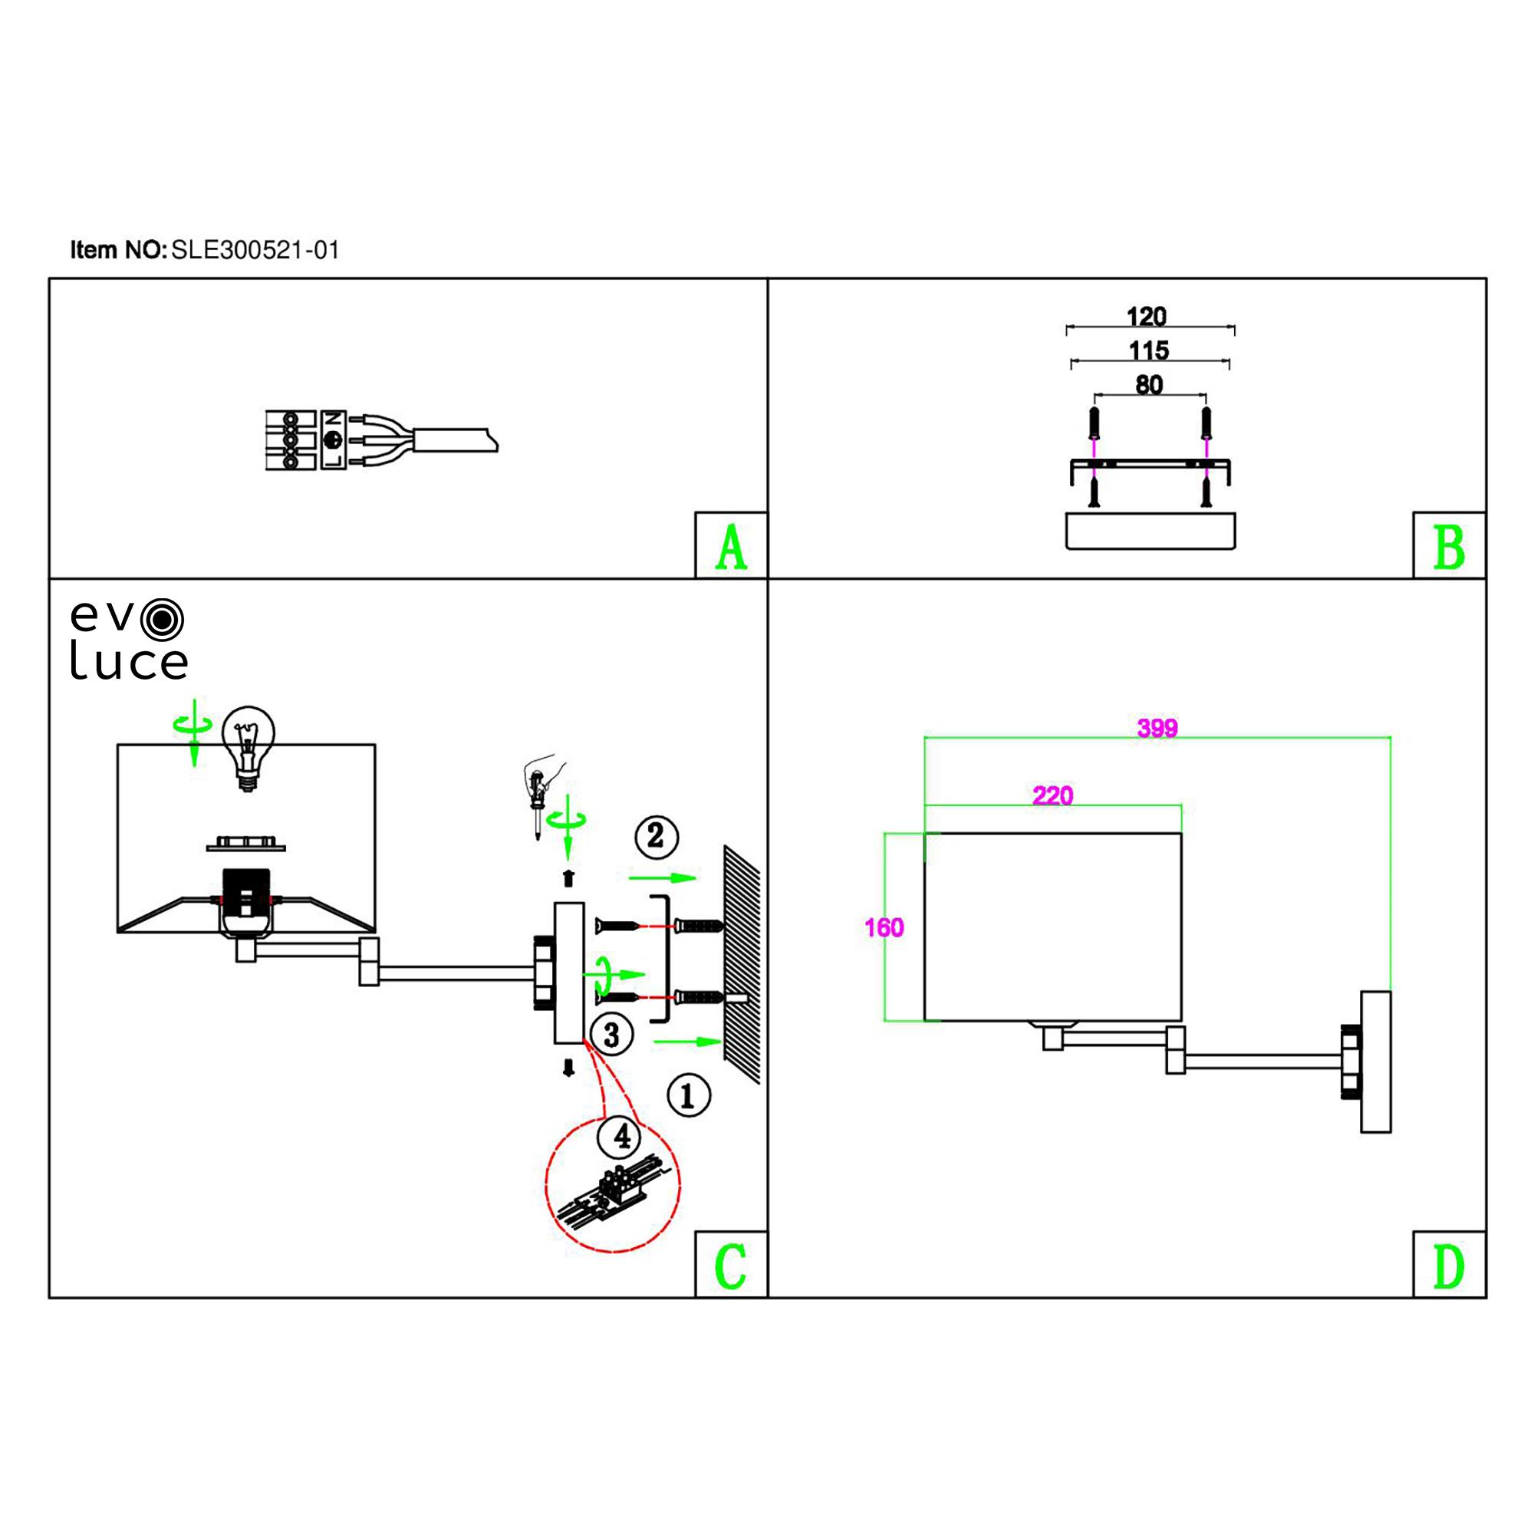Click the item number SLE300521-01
[x=255, y=251]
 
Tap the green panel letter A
[x=730, y=548]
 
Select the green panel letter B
[x=1448, y=548]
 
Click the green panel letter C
[x=730, y=1266]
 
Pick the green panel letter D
[x=1448, y=1266]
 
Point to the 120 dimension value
[x=1147, y=317]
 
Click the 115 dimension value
[x=1149, y=351]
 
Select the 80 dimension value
[x=1149, y=385]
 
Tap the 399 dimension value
[x=1157, y=728]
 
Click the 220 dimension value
[x=1052, y=795]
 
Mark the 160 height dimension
[x=884, y=927]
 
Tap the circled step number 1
[x=689, y=1096]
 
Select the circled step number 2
[x=656, y=836]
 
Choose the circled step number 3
[x=611, y=1035]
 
